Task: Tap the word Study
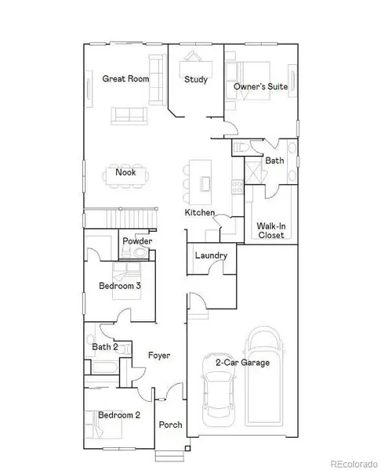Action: (195, 79)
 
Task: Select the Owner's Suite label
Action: (262, 86)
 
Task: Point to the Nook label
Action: (125, 172)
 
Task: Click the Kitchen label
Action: (199, 213)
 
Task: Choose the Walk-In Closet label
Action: (270, 230)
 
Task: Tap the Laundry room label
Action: (212, 255)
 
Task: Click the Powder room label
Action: (136, 241)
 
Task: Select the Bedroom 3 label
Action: (119, 286)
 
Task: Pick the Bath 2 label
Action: (104, 346)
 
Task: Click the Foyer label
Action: (159, 356)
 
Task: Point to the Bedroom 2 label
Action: (119, 414)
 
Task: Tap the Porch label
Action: (170, 425)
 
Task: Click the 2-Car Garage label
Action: (242, 362)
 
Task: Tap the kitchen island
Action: (205, 176)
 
